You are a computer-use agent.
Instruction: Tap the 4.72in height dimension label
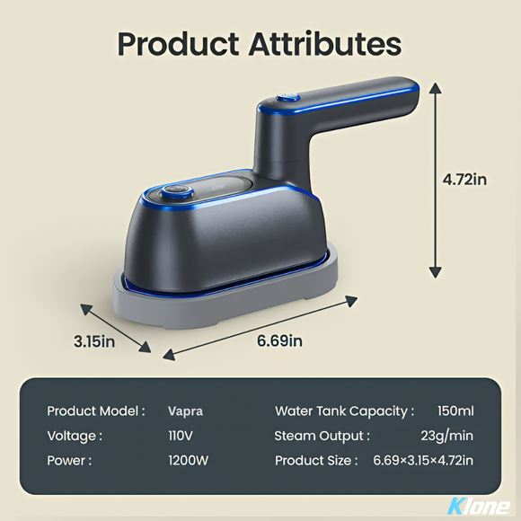(464, 179)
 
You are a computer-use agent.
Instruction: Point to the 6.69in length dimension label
(279, 340)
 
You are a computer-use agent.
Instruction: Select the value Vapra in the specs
(185, 411)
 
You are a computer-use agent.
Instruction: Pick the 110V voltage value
(181, 436)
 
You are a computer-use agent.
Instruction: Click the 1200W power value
(187, 460)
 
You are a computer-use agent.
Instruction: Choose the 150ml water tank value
(455, 411)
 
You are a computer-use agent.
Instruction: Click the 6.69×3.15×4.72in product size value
(423, 460)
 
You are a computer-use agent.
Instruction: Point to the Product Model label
(95, 411)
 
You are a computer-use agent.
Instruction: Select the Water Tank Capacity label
(344, 411)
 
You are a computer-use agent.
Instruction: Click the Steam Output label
(322, 436)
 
